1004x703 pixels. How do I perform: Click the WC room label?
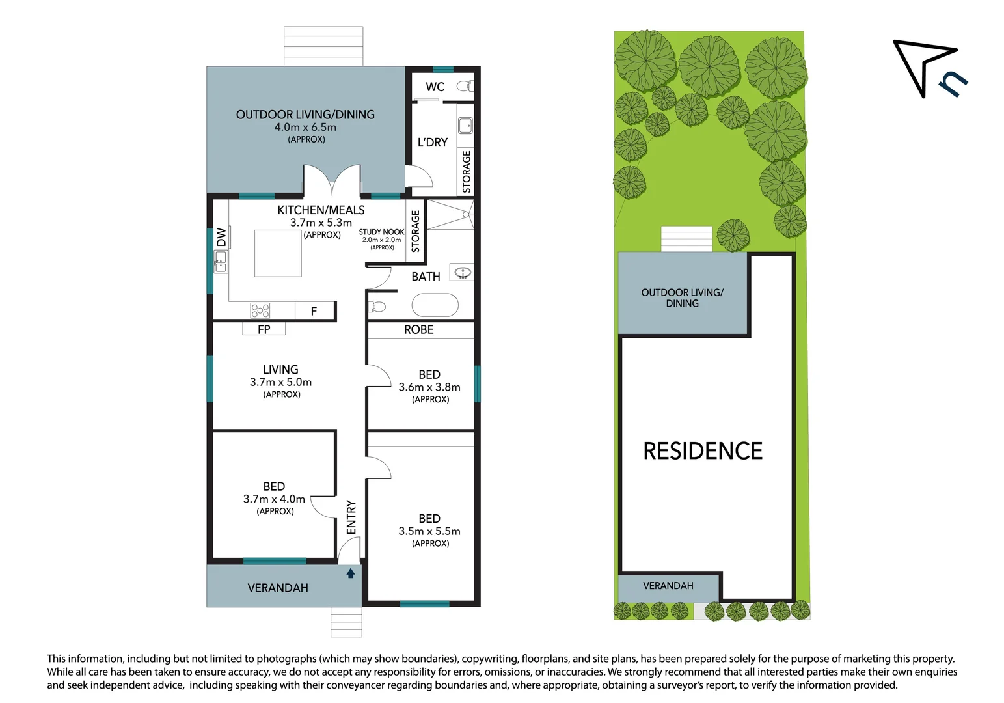[435, 87]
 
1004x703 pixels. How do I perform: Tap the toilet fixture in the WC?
[465, 86]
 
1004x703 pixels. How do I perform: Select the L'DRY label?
[433, 143]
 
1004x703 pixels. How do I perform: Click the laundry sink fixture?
[465, 126]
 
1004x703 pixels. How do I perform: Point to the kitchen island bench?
[278, 253]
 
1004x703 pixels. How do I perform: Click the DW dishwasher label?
[221, 237]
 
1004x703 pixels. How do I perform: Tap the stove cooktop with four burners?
[260, 310]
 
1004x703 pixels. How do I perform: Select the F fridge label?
[314, 312]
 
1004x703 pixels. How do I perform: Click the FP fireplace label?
[264, 329]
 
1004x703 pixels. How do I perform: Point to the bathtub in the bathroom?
[435, 305]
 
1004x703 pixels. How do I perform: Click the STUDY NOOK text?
[381, 232]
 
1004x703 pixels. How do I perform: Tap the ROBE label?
[419, 330]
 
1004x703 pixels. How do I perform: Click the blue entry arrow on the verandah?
[351, 573]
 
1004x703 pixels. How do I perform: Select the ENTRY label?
[351, 517]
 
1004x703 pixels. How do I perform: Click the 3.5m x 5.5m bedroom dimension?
[429, 531]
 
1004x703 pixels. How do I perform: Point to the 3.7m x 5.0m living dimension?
[280, 382]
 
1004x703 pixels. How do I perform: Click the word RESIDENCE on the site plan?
[703, 451]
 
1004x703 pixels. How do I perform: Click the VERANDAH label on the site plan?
[668, 586]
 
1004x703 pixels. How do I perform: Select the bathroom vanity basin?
[463, 273]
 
